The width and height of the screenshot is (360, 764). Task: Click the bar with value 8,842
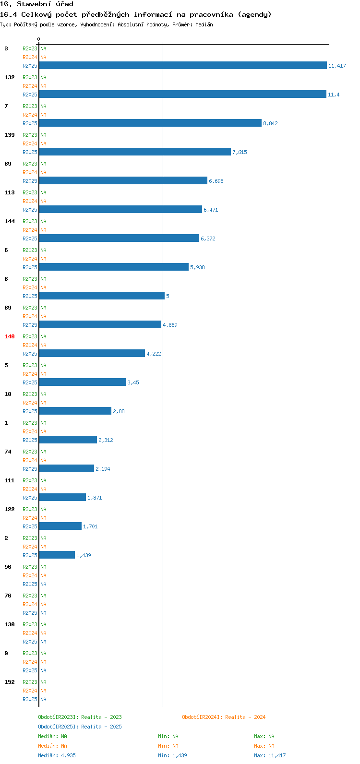pyautogui.click(x=150, y=123)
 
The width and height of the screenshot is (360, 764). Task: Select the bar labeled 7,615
pyautogui.click(x=135, y=152)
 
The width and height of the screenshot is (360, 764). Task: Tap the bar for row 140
pyautogui.click(x=92, y=353)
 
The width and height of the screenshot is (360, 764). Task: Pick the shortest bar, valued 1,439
pyautogui.click(x=57, y=555)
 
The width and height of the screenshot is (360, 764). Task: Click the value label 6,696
pyautogui.click(x=216, y=181)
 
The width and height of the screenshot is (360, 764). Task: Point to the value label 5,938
pyautogui.click(x=197, y=267)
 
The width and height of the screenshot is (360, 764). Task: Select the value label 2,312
pyautogui.click(x=106, y=440)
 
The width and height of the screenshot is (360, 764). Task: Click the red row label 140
pyautogui.click(x=10, y=336)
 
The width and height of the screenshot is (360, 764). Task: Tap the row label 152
pyautogui.click(x=10, y=682)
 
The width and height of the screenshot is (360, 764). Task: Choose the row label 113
pyautogui.click(x=10, y=192)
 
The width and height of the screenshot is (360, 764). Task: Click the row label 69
pyautogui.click(x=8, y=164)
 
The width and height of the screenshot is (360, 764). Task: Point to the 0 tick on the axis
pyautogui.click(x=39, y=39)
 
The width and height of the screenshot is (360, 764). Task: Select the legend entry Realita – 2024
pyautogui.click(x=224, y=717)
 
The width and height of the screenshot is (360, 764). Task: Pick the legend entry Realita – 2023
pyautogui.click(x=80, y=717)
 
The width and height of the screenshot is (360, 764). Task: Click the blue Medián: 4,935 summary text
pyautogui.click(x=57, y=755)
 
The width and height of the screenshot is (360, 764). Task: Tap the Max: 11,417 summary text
pyautogui.click(x=270, y=755)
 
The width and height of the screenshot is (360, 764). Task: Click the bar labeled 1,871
pyautogui.click(x=62, y=497)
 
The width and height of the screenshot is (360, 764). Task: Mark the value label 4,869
pyautogui.click(x=170, y=325)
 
